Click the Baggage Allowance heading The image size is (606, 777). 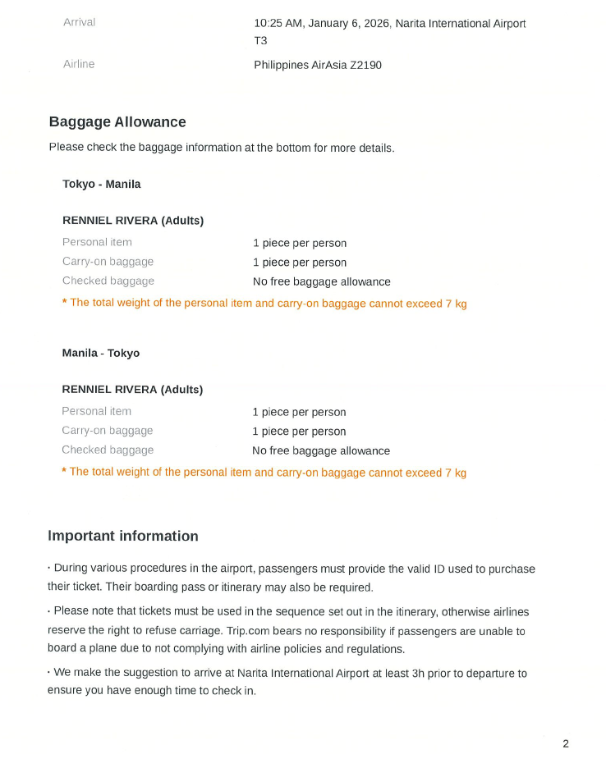(117, 122)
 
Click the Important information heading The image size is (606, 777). (123, 537)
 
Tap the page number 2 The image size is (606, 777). (566, 744)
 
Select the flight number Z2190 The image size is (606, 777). (365, 65)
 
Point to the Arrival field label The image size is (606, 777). (79, 22)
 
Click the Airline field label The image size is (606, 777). (79, 64)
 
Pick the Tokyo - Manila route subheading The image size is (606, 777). (102, 184)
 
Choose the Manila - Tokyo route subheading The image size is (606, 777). (101, 353)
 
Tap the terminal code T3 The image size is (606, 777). (260, 40)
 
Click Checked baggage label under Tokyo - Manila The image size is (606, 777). (108, 281)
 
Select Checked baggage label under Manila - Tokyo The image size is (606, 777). (108, 450)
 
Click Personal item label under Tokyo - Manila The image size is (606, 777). (97, 242)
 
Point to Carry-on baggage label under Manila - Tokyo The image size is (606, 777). (108, 431)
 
